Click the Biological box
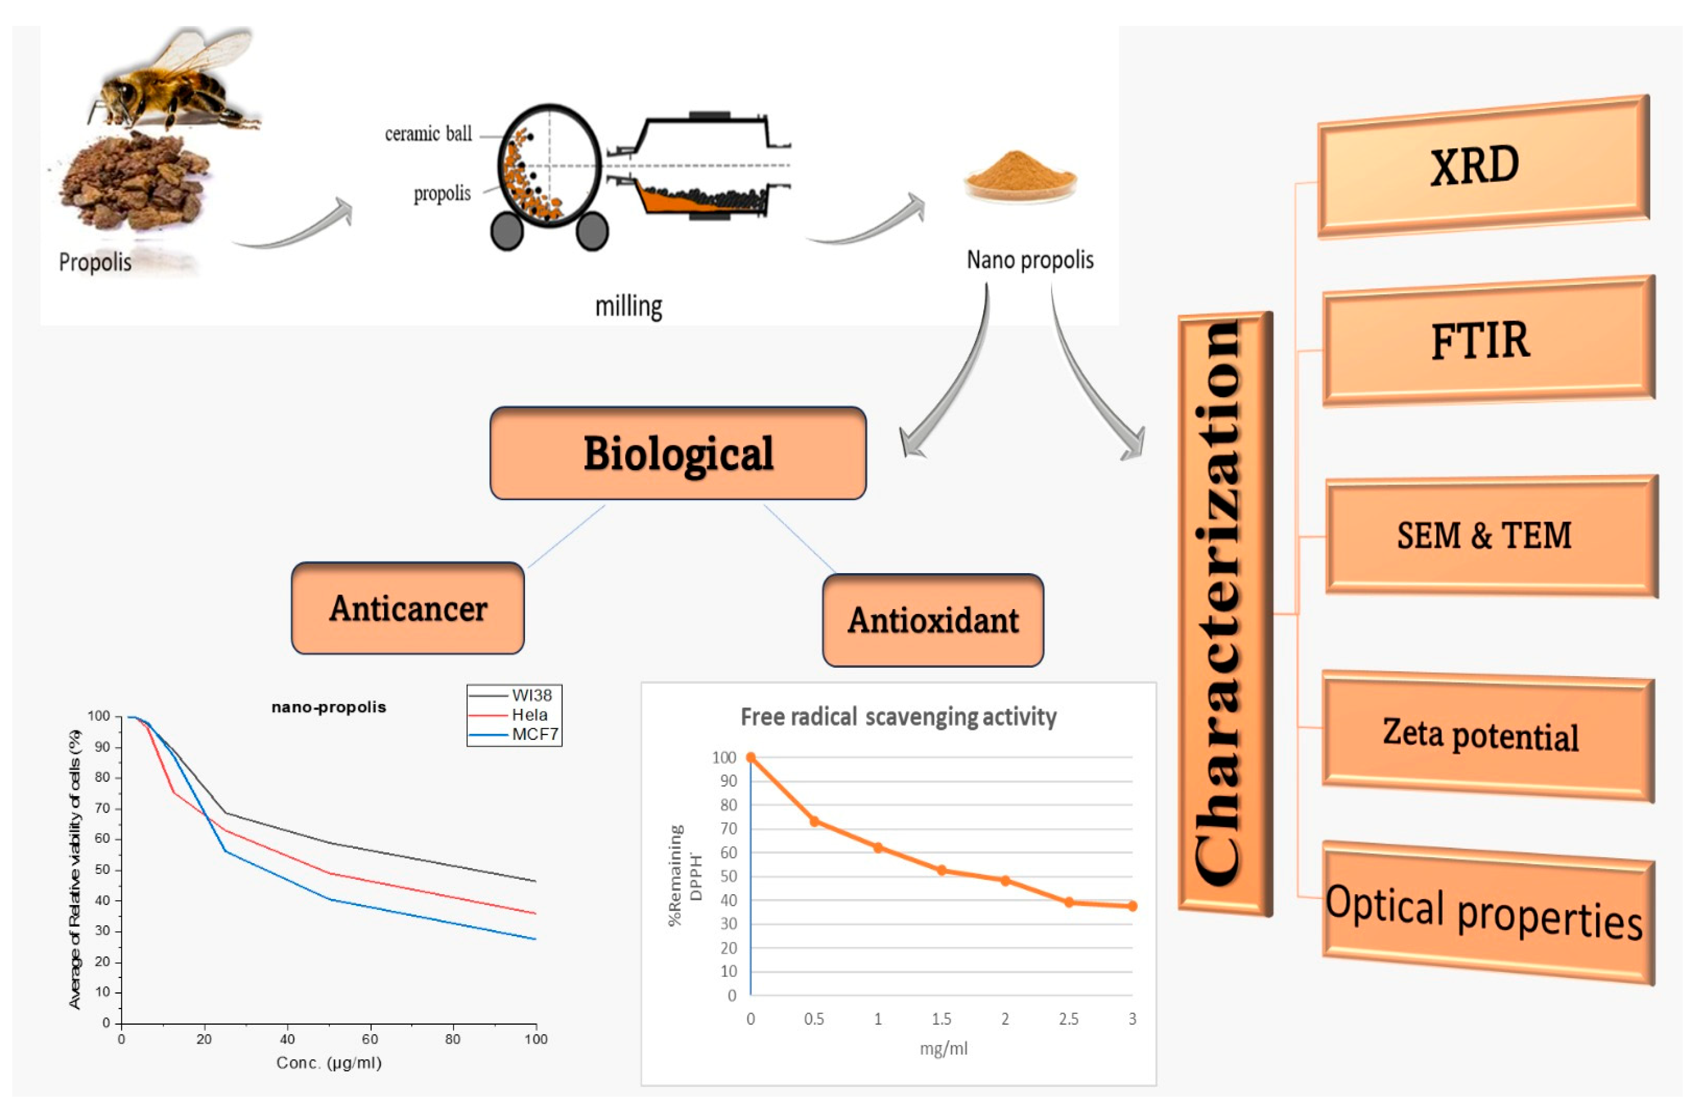click(x=678, y=453)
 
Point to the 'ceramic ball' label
click(x=428, y=134)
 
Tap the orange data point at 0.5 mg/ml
click(x=814, y=821)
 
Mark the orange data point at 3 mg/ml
click(x=1132, y=906)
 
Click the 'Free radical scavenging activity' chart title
click(x=898, y=716)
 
